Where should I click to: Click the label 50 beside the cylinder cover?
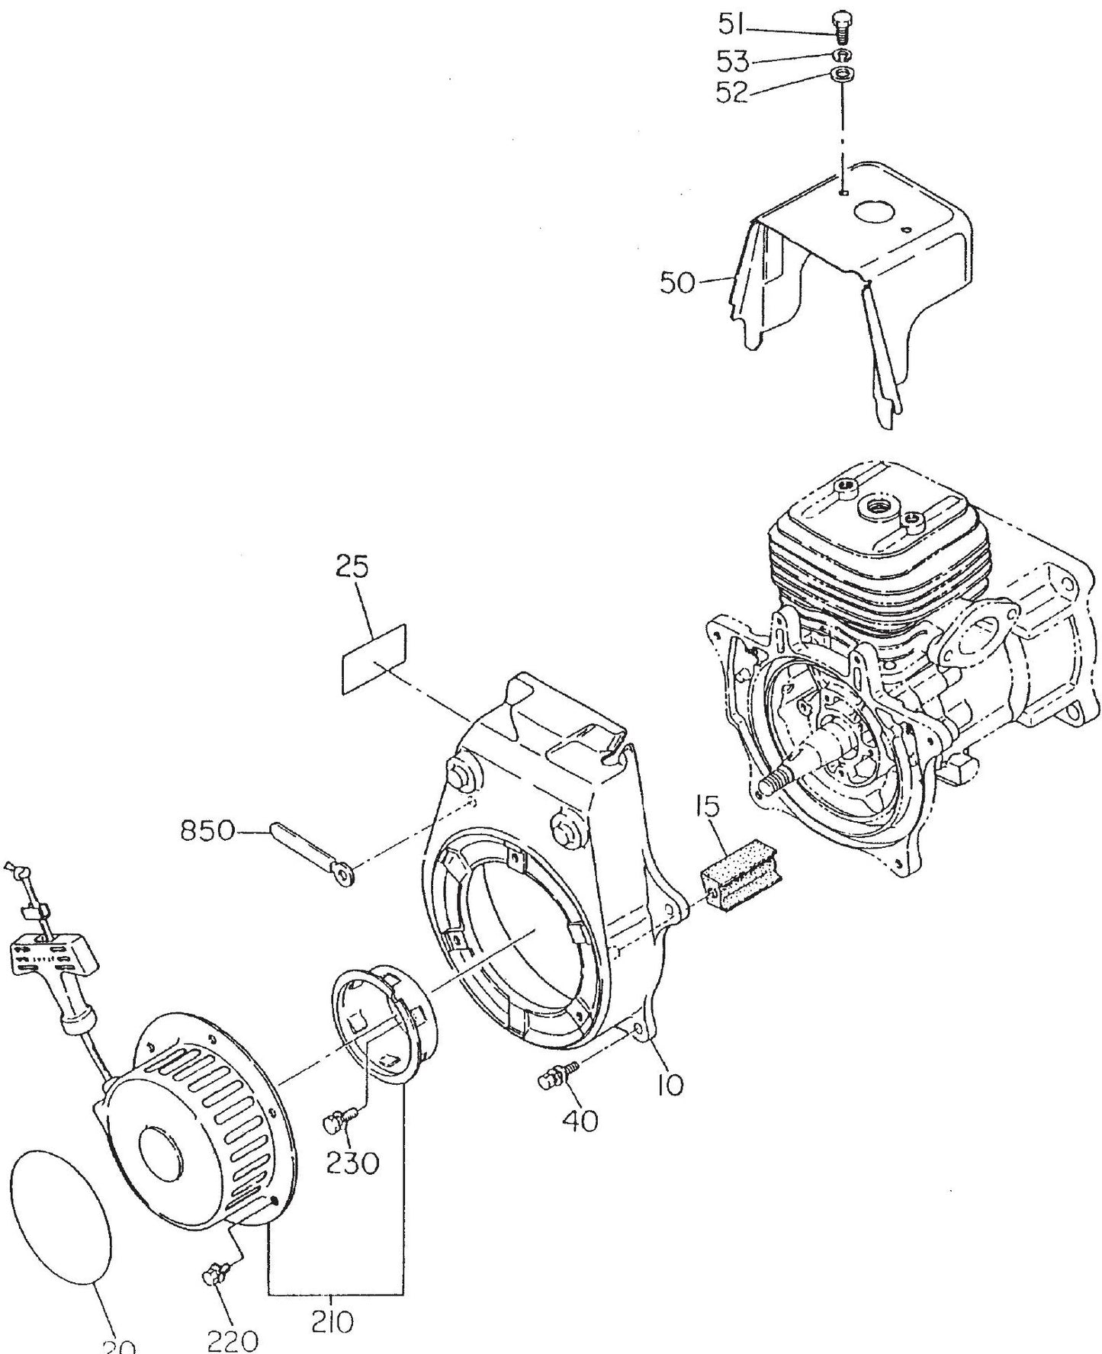pyautogui.click(x=676, y=284)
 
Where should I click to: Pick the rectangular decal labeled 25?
pyautogui.click(x=373, y=659)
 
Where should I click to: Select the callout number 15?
pyautogui.click(x=709, y=809)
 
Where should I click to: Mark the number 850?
pyautogui.click(x=206, y=831)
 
